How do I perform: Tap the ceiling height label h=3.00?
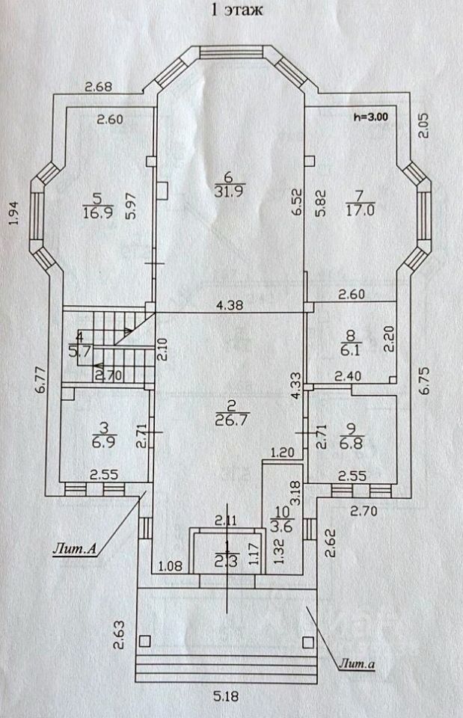pos(372,117)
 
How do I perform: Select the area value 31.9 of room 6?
pos(229,191)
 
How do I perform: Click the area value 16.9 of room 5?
pos(96,212)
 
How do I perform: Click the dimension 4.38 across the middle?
pos(231,304)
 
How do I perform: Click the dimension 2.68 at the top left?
pos(97,87)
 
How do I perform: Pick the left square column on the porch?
pos(144,640)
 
